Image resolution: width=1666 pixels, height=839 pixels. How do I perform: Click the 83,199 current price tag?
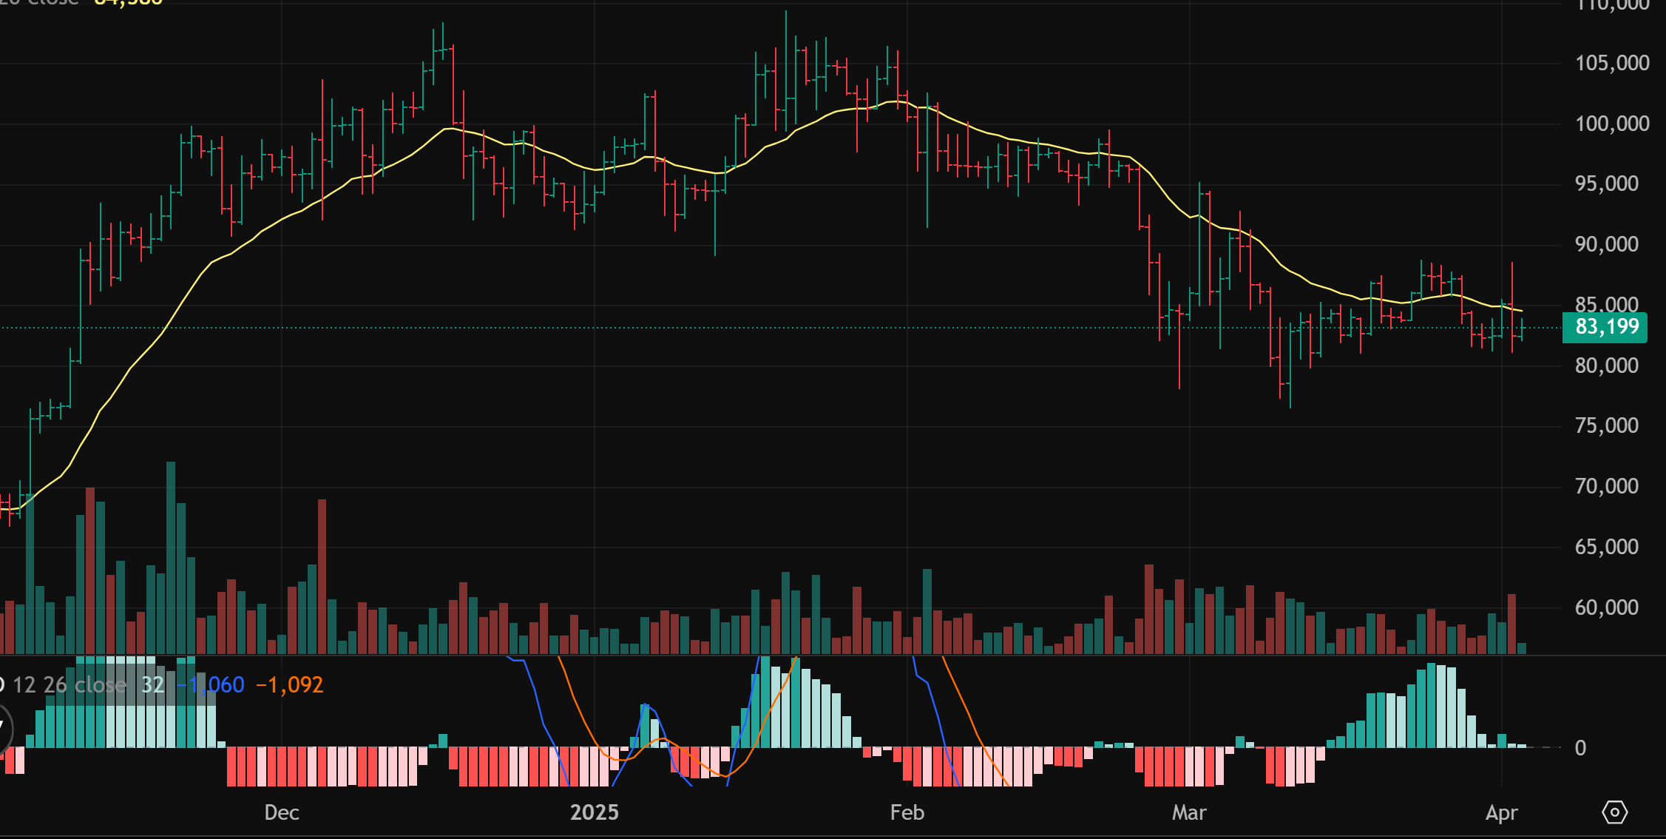point(1604,327)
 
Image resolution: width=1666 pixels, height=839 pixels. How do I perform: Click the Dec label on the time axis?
point(282,812)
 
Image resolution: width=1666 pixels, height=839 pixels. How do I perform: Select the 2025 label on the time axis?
point(595,812)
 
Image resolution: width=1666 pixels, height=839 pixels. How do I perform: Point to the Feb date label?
point(907,812)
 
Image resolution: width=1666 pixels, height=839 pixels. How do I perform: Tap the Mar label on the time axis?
point(1189,812)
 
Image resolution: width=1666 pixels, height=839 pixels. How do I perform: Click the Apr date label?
point(1502,812)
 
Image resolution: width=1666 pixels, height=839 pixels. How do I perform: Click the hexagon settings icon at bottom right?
point(1614,812)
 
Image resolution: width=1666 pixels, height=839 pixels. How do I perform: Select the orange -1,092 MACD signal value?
point(290,685)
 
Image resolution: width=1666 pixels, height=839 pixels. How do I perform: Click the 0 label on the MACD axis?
point(1580,748)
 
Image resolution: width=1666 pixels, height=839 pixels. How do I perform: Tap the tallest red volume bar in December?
point(322,577)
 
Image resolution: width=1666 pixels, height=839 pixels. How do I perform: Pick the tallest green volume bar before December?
point(171,559)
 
